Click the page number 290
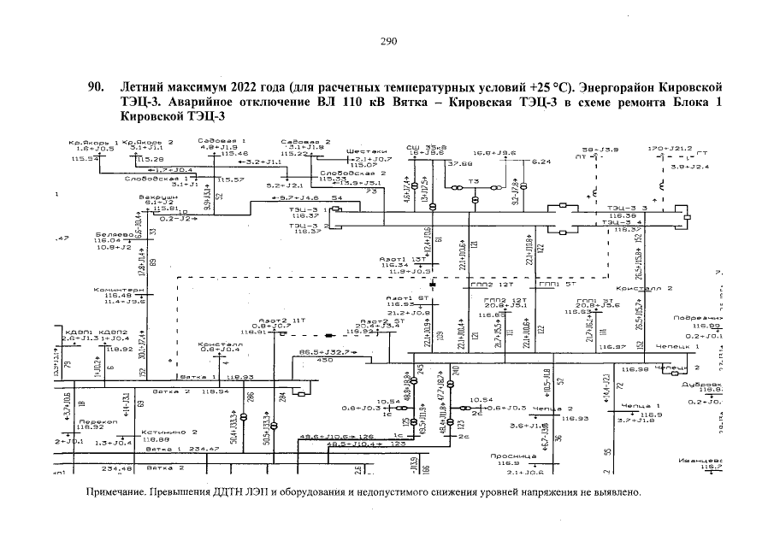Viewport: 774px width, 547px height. [x=389, y=41]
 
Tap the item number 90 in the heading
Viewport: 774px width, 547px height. [x=96, y=88]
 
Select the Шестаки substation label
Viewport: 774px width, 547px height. [x=364, y=151]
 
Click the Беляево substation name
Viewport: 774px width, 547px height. [x=112, y=233]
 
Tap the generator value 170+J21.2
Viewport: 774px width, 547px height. [x=671, y=148]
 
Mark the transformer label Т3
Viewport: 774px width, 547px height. [x=473, y=181]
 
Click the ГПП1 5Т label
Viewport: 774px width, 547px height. [x=558, y=283]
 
